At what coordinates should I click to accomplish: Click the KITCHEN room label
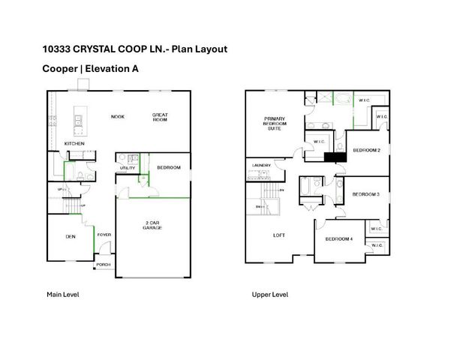74,143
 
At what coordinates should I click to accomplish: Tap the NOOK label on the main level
118,117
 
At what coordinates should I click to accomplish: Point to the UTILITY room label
127,169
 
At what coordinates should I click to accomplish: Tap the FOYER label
104,235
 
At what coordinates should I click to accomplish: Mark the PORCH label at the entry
103,263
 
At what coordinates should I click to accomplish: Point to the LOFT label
278,235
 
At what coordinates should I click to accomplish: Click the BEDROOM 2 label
367,150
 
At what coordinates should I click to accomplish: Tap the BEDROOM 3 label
367,195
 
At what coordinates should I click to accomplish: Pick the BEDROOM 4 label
338,239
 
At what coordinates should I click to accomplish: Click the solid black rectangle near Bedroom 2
332,157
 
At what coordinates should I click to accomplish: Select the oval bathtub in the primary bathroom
342,99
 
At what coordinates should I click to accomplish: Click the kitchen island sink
78,118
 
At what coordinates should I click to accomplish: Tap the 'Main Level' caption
63,295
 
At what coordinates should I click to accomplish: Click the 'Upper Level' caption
270,295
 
